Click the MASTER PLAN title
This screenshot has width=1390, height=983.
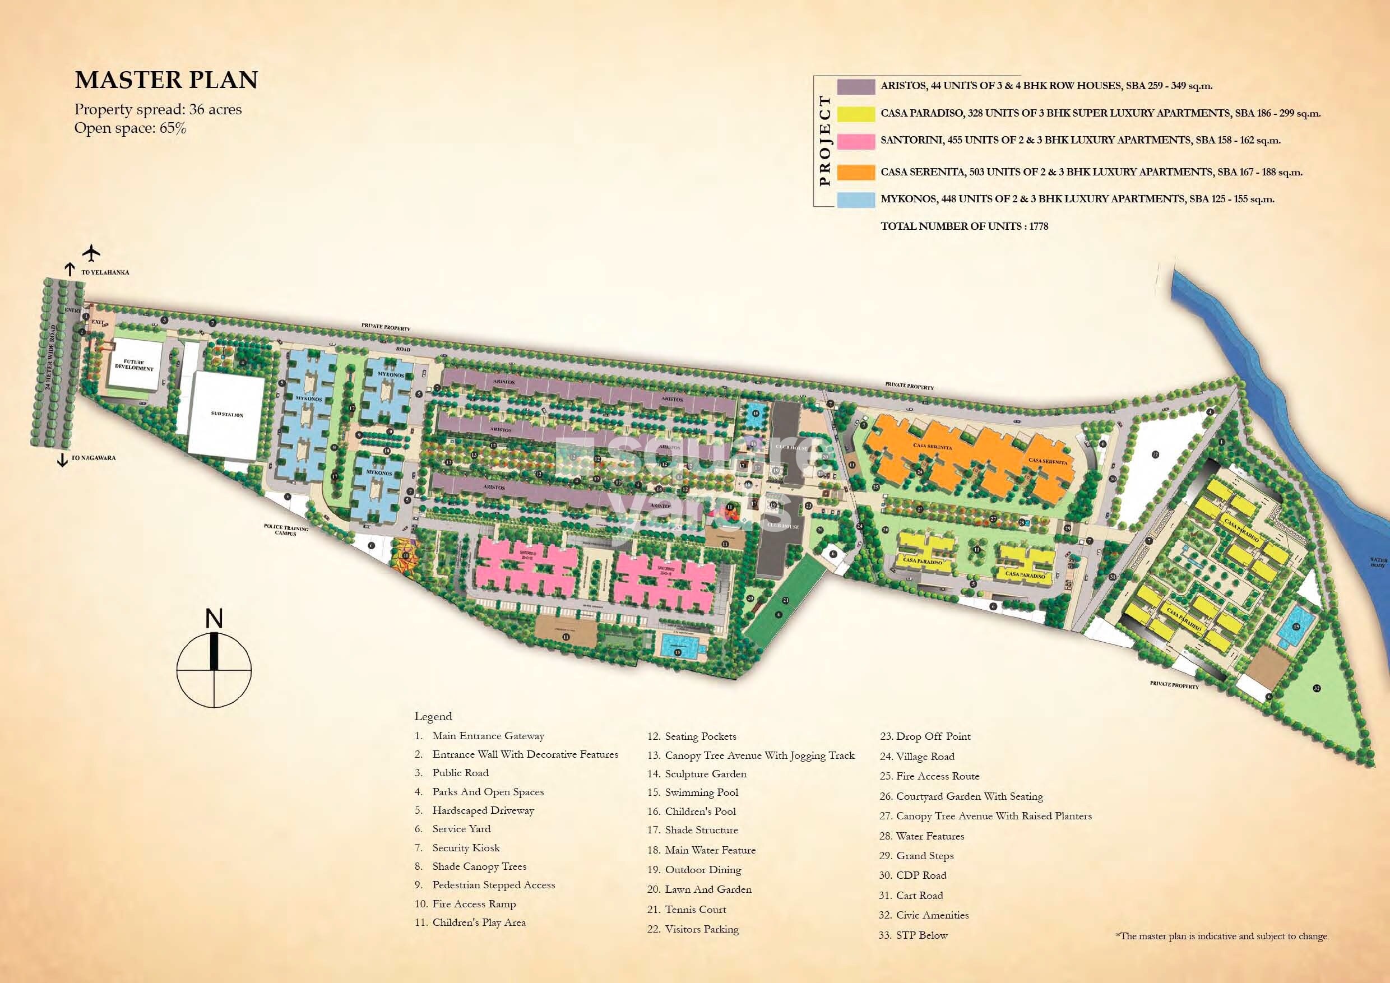click(166, 80)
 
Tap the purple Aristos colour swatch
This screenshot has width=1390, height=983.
click(855, 86)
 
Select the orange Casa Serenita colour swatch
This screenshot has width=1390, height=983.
click(855, 172)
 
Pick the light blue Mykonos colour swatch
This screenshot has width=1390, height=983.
click(855, 199)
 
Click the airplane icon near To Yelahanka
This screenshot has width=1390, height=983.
click(92, 252)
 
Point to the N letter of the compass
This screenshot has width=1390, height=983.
click(214, 619)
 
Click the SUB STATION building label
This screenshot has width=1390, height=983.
click(227, 415)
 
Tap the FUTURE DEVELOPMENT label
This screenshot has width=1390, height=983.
click(135, 365)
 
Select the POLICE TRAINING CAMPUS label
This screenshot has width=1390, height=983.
click(285, 531)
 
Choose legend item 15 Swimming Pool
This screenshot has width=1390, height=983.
click(701, 792)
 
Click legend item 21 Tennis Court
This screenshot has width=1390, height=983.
click(695, 909)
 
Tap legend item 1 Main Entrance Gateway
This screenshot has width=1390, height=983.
click(488, 736)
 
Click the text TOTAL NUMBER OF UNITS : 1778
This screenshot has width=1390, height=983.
click(964, 226)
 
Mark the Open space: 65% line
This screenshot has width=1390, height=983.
click(130, 128)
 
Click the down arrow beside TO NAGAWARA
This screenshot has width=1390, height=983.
click(62, 460)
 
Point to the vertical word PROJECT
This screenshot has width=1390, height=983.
click(824, 141)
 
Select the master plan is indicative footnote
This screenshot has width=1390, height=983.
click(1222, 936)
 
